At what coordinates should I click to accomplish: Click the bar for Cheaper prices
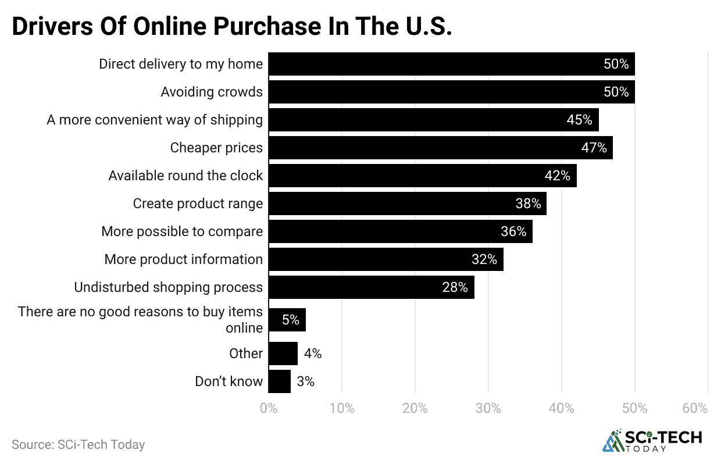pyautogui.click(x=440, y=148)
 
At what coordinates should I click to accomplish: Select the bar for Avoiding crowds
pyautogui.click(x=451, y=92)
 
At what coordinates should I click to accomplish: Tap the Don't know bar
pyautogui.click(x=279, y=381)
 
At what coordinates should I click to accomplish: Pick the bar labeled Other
pyautogui.click(x=283, y=354)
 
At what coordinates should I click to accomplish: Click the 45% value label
pyautogui.click(x=579, y=120)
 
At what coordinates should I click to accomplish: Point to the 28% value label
pyautogui.click(x=455, y=287)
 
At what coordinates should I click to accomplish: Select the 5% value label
pyautogui.click(x=291, y=320)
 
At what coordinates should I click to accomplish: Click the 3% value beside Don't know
pyautogui.click(x=305, y=381)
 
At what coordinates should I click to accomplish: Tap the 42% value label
pyautogui.click(x=557, y=176)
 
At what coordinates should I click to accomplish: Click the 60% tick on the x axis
pyautogui.click(x=695, y=409)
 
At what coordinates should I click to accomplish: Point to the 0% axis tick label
pyautogui.click(x=269, y=409)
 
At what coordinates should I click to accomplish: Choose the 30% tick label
pyautogui.click(x=488, y=409)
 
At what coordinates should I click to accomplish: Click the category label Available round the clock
pyautogui.click(x=185, y=176)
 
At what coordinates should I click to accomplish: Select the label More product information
pyautogui.click(x=183, y=259)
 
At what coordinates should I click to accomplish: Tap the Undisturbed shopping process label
pyautogui.click(x=168, y=287)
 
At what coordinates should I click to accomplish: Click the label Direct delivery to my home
pyautogui.click(x=180, y=64)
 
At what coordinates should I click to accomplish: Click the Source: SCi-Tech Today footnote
pyautogui.click(x=78, y=445)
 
